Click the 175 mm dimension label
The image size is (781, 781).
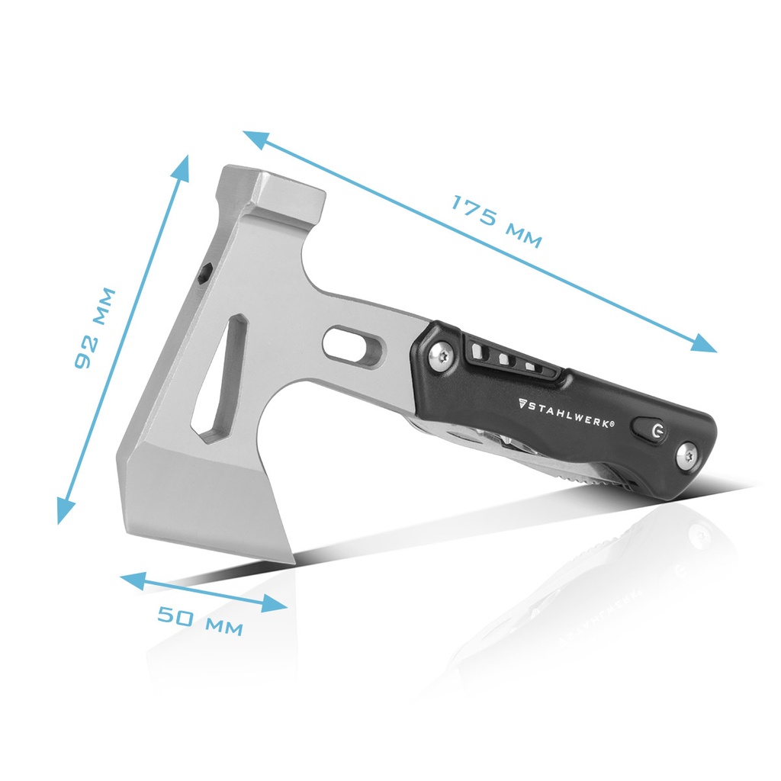(496, 221)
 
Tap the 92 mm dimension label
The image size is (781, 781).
(95, 328)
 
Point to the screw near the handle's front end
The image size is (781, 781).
(442, 355)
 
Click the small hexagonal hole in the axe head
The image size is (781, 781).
(204, 272)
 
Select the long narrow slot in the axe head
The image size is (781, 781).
(222, 378)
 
